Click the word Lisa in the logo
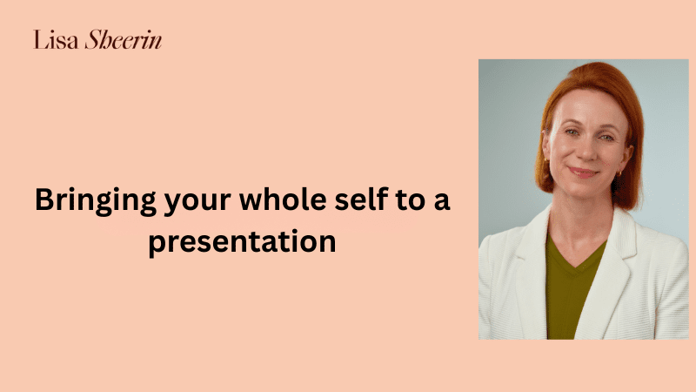(x=56, y=40)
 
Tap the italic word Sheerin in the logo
(x=124, y=39)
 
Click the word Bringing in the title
(x=96, y=201)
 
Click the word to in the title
(x=411, y=200)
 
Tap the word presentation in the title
(x=242, y=243)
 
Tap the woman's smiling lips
(x=584, y=172)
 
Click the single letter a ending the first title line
(x=442, y=201)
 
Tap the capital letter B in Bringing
(x=45, y=199)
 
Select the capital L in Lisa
(x=40, y=40)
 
